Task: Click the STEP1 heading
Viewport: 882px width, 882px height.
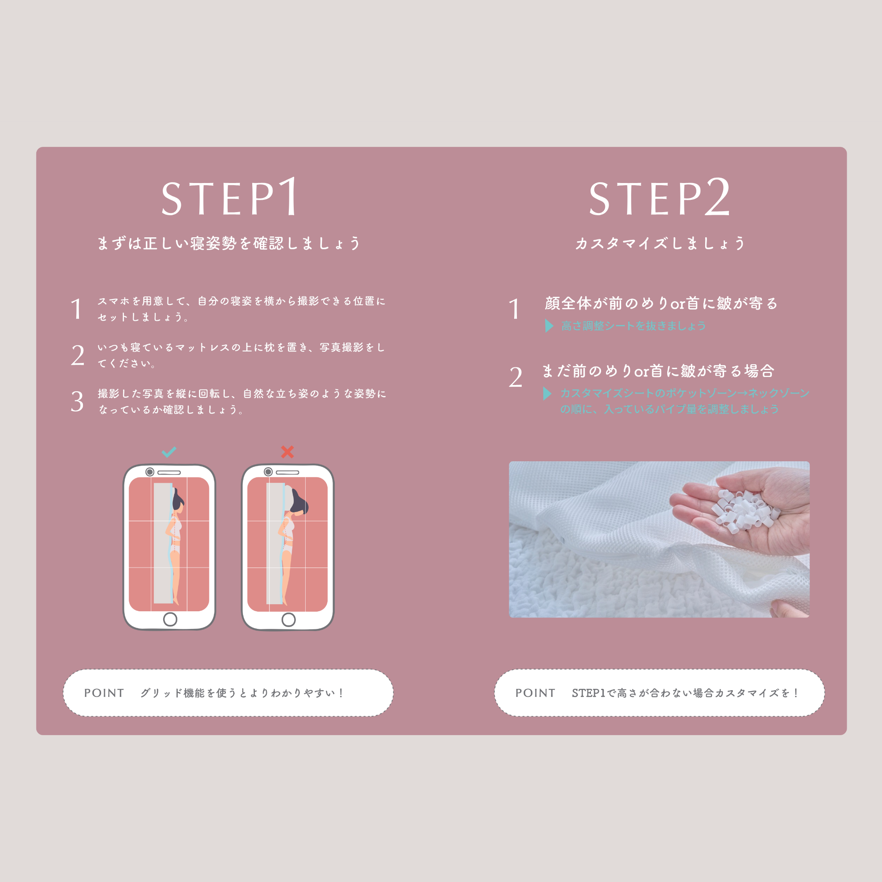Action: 230,197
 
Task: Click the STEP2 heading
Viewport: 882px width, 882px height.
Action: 659,197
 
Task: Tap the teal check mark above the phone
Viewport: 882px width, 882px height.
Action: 169,452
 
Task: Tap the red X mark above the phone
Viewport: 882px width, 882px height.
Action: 287,452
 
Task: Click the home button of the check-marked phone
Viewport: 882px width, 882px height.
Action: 170,619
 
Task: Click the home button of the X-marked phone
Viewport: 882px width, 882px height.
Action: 288,619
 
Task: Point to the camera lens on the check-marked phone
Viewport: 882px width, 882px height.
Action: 150,471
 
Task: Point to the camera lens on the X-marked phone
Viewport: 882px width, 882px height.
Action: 269,471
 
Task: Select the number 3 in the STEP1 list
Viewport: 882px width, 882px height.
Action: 77,401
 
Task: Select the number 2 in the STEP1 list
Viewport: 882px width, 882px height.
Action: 78,355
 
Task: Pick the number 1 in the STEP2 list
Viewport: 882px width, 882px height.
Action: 515,309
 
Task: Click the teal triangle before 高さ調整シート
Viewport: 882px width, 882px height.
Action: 549,325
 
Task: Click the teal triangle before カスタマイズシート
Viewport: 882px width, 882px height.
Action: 547,393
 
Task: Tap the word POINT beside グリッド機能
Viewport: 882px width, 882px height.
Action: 104,693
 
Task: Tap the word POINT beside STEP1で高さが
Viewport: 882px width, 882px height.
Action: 535,693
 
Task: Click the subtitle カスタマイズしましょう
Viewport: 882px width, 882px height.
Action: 660,243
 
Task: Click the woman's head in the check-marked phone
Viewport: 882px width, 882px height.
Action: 179,501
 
